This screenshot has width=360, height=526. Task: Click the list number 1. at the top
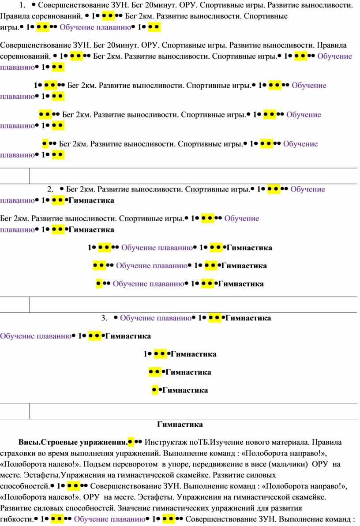[22, 5]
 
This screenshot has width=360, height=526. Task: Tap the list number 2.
[50, 189]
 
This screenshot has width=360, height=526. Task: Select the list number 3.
[105, 318]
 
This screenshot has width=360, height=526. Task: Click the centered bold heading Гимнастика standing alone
[180, 425]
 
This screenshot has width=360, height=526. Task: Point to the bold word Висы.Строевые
[48, 443]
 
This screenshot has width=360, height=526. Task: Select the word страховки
[16, 454]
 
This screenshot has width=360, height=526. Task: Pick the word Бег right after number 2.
[72, 189]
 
